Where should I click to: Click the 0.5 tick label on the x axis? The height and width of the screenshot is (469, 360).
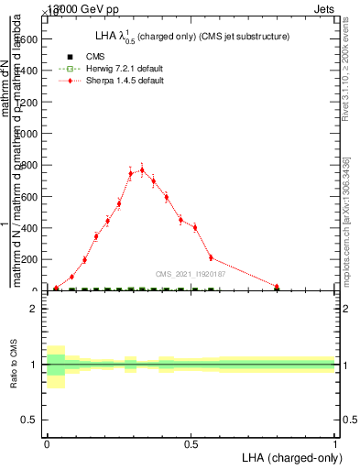[x=191, y=442]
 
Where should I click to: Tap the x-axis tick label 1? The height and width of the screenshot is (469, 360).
[x=335, y=442]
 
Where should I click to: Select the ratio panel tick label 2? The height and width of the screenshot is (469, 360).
[x=35, y=309]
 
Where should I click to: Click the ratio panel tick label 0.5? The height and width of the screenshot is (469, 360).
[x=31, y=420]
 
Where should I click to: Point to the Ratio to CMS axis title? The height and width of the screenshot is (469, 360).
[x=16, y=364]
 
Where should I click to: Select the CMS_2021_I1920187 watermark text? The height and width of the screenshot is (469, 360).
[x=191, y=274]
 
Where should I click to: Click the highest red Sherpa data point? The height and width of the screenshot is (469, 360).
[x=142, y=169]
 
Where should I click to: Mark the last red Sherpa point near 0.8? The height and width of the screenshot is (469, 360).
[x=277, y=286]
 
